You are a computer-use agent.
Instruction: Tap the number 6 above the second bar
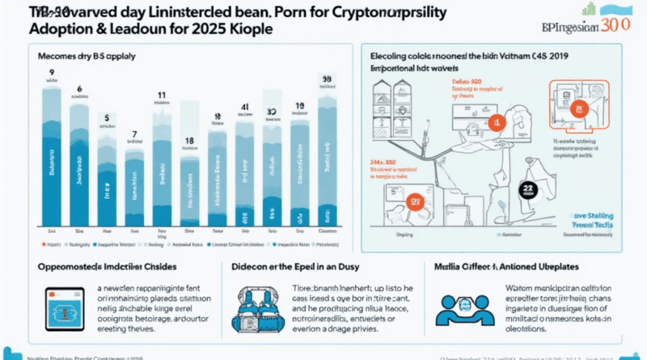point(79,90)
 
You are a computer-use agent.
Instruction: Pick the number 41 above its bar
point(243,107)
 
